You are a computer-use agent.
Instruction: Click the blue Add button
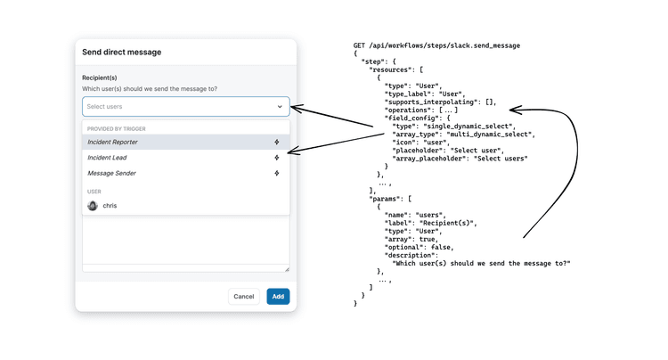pyautogui.click(x=278, y=297)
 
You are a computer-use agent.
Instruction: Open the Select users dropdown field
pyautogui.click(x=186, y=107)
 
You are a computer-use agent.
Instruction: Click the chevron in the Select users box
pyautogui.click(x=280, y=107)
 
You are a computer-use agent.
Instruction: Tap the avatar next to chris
pyautogui.click(x=93, y=206)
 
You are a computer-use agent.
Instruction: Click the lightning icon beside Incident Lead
pyautogui.click(x=277, y=158)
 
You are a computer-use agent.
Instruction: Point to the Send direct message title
pyautogui.click(x=122, y=52)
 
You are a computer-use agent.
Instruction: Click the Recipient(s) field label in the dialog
pyautogui.click(x=99, y=78)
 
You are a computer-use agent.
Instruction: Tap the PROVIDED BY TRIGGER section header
pyautogui.click(x=117, y=128)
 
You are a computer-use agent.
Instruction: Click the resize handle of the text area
pyautogui.click(x=287, y=269)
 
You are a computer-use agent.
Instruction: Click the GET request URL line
pyautogui.click(x=436, y=45)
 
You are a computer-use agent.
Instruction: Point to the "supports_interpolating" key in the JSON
pyautogui.click(x=431, y=102)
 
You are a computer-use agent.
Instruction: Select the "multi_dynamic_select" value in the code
pyautogui.click(x=490, y=135)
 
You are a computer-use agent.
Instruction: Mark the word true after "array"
pyautogui.click(x=427, y=240)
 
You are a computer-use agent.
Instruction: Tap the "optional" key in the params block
pyautogui.click(x=403, y=248)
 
